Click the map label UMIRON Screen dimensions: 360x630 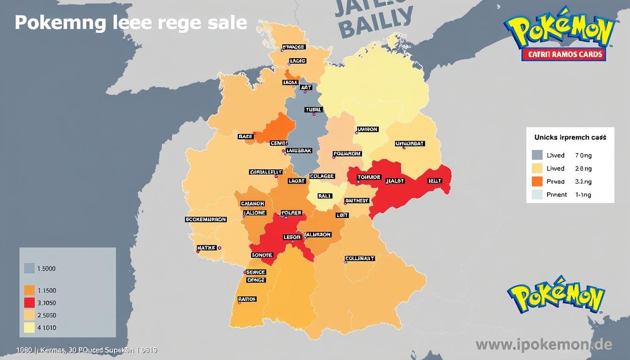(x=367, y=129)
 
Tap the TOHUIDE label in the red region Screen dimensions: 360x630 (x=369, y=177)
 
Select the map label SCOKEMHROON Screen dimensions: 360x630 (x=206, y=219)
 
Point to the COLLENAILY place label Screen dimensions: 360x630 (x=360, y=258)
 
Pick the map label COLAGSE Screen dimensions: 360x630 (x=322, y=176)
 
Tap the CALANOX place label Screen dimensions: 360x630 (x=253, y=203)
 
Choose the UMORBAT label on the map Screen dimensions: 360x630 (x=410, y=143)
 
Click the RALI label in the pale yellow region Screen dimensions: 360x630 (x=324, y=196)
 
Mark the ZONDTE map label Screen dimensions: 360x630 (x=262, y=255)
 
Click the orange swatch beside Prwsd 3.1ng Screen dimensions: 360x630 (x=537, y=181)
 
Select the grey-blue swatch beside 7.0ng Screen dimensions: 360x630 (x=537, y=155)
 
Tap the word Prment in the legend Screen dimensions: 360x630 (x=557, y=195)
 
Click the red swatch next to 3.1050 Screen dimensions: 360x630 (x=29, y=303)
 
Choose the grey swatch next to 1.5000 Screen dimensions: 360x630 (x=29, y=269)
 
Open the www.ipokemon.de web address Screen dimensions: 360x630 (x=544, y=345)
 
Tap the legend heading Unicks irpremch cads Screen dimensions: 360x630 (x=570, y=137)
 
